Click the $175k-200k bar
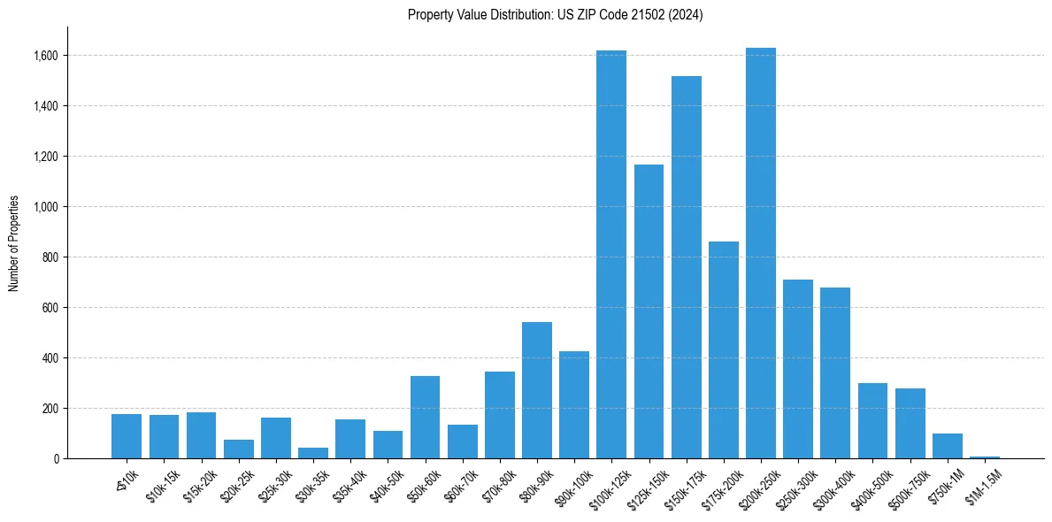click(723, 350)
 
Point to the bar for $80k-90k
click(536, 390)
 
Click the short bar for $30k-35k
click(313, 453)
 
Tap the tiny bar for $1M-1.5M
click(984, 457)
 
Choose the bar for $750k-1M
click(947, 446)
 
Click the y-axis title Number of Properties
click(13, 243)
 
